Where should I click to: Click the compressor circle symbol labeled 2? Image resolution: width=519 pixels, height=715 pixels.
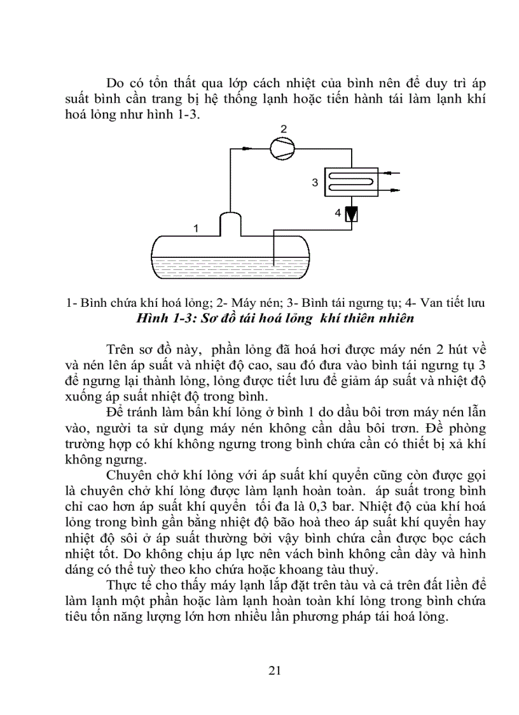[x=279, y=149]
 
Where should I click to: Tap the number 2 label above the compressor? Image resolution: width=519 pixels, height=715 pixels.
[x=284, y=131]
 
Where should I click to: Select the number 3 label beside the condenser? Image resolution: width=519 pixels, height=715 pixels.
[x=314, y=183]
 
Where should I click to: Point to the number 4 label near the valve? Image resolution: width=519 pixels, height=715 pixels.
[x=338, y=213]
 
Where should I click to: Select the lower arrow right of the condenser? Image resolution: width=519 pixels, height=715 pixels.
[x=396, y=189]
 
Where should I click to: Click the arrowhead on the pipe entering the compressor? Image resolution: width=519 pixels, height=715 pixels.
[x=247, y=150]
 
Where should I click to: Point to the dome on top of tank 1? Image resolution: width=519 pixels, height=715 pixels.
[x=230, y=222]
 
